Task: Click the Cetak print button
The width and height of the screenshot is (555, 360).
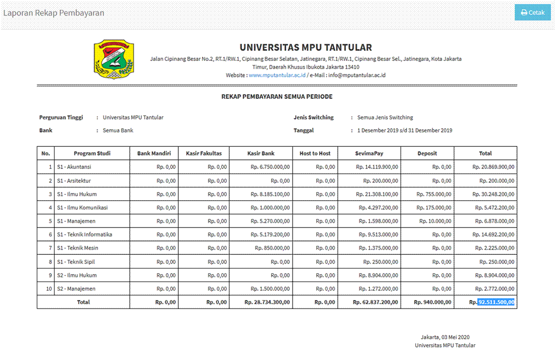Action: click(532, 12)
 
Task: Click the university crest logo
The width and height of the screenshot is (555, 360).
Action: click(114, 60)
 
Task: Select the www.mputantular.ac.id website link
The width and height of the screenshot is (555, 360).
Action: click(277, 75)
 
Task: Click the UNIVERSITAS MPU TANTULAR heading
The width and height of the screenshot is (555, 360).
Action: click(305, 48)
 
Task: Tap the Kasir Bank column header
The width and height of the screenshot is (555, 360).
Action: click(261, 154)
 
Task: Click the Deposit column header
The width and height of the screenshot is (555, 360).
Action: click(427, 154)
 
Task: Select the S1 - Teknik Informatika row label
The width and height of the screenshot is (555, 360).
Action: click(84, 235)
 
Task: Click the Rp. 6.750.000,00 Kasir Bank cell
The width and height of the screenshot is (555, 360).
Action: click(270, 167)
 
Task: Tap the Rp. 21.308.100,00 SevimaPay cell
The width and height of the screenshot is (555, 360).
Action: click(377, 194)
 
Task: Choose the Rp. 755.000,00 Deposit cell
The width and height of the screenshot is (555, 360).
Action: click(434, 194)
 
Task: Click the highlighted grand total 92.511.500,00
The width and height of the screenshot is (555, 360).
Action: click(496, 302)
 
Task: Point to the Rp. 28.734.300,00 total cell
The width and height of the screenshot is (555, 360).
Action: click(267, 302)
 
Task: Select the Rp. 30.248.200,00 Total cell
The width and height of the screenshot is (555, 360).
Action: click(493, 194)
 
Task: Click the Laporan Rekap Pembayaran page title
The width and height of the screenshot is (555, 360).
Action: click(54, 13)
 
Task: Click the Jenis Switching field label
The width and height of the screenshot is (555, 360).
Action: click(314, 118)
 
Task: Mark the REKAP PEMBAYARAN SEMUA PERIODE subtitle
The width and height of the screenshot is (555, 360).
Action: click(277, 96)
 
